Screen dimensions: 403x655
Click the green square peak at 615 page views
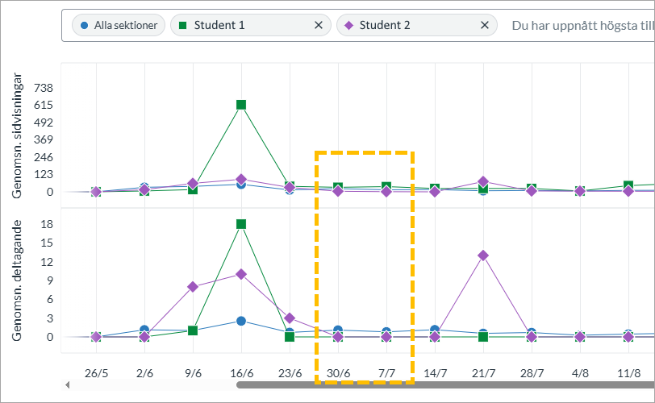point(241,105)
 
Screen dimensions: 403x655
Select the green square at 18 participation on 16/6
point(241,224)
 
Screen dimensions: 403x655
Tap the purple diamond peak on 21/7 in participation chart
point(483,256)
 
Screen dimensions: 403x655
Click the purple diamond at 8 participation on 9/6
point(193,287)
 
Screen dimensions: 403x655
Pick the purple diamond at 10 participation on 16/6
point(241,274)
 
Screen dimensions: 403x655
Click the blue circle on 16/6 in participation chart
point(241,321)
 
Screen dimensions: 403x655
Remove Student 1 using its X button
point(319,25)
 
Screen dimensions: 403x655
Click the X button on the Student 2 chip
point(485,25)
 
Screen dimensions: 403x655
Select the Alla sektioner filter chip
point(119,25)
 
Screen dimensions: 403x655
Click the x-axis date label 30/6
point(338,373)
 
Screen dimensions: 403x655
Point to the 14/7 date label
point(435,373)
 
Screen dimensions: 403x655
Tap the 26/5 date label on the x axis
point(96,373)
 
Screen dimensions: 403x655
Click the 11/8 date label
point(628,373)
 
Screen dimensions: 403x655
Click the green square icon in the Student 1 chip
point(182,26)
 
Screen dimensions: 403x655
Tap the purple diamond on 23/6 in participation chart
point(290,318)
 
